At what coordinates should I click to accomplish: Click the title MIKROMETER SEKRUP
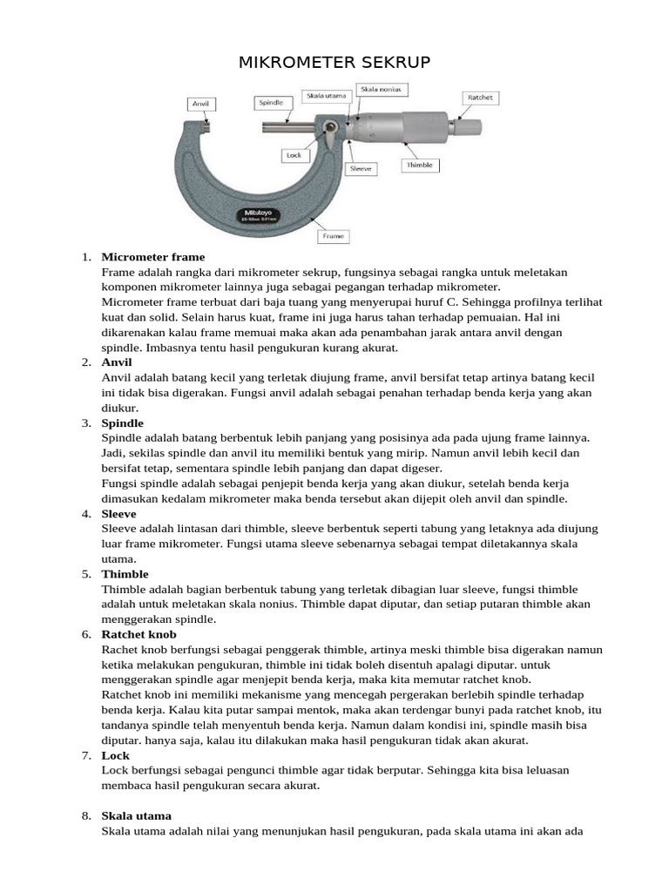pyautogui.click(x=334, y=64)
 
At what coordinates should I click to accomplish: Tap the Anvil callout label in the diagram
pyautogui.click(x=201, y=104)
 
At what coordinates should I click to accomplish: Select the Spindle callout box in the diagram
pyautogui.click(x=270, y=103)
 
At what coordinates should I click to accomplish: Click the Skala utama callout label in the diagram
pyautogui.click(x=324, y=94)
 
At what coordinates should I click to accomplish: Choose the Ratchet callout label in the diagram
pyautogui.click(x=480, y=98)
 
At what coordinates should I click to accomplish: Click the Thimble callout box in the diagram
pyautogui.click(x=419, y=165)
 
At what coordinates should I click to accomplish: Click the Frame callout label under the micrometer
pyautogui.click(x=333, y=235)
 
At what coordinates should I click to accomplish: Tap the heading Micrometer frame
pyautogui.click(x=153, y=257)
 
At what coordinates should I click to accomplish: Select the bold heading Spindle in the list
pyautogui.click(x=122, y=422)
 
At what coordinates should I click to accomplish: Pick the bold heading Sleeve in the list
pyautogui.click(x=119, y=514)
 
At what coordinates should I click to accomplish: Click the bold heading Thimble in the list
pyautogui.click(x=125, y=574)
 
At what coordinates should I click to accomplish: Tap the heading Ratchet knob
pyautogui.click(x=139, y=634)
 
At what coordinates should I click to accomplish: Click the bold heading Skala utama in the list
pyautogui.click(x=137, y=816)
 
